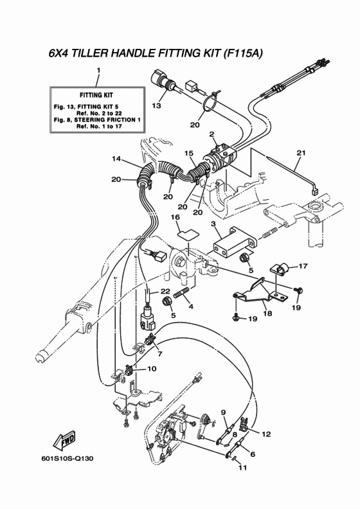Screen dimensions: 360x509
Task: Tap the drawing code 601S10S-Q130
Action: pyautogui.click(x=67, y=458)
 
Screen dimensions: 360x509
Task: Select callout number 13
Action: pyautogui.click(x=156, y=105)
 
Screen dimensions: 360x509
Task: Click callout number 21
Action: pyautogui.click(x=301, y=152)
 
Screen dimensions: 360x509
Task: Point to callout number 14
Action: pyautogui.click(x=116, y=158)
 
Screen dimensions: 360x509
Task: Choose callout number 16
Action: pyautogui.click(x=175, y=217)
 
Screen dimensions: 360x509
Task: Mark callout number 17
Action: pyautogui.click(x=303, y=266)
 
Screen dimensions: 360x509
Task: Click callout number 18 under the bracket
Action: pyautogui.click(x=267, y=313)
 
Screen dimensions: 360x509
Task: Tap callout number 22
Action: pyautogui.click(x=165, y=292)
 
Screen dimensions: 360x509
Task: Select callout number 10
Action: pyautogui.click(x=152, y=369)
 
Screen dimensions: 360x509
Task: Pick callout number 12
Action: pyautogui.click(x=266, y=434)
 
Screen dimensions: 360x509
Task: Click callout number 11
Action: pyautogui.click(x=242, y=468)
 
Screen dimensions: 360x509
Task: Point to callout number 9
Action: pyautogui.click(x=223, y=412)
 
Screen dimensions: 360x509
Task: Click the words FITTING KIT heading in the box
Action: pyautogui.click(x=96, y=95)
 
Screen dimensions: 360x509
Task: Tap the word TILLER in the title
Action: pyautogui.click(x=89, y=53)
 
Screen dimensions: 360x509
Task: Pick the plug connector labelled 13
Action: pyautogui.click(x=165, y=81)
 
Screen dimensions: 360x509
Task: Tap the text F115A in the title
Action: pyautogui.click(x=243, y=53)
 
